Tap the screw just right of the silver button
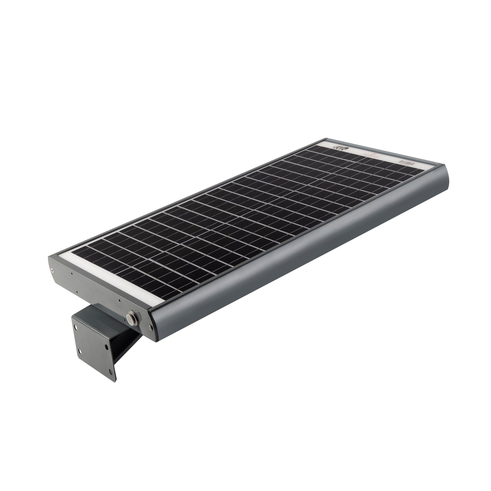150,327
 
